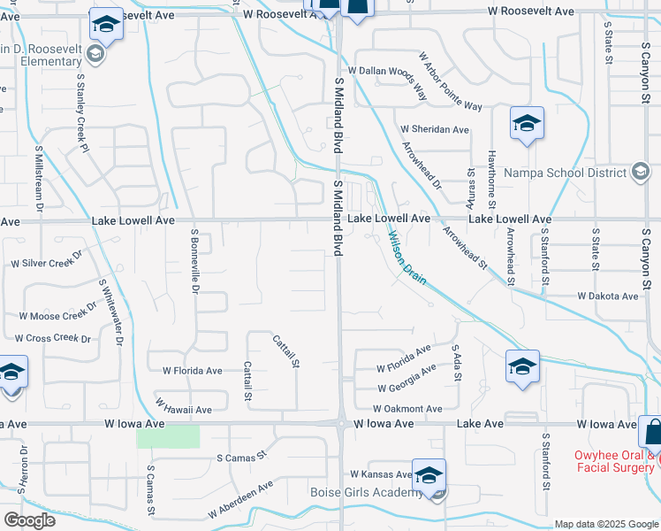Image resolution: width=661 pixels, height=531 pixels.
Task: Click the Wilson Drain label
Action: (x=407, y=258)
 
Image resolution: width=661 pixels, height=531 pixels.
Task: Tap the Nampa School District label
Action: (x=566, y=173)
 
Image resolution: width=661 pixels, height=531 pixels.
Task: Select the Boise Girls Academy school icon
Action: (x=429, y=475)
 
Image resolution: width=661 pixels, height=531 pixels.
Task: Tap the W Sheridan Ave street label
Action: (x=434, y=129)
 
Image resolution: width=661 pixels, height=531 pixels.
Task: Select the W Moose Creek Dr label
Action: (x=57, y=313)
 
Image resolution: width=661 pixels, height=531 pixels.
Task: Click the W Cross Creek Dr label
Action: (x=52, y=338)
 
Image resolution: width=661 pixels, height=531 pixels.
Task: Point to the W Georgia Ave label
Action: (x=406, y=379)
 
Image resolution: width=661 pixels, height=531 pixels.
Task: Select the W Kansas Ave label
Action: (x=381, y=475)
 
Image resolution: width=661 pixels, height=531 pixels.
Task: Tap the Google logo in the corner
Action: (x=29, y=520)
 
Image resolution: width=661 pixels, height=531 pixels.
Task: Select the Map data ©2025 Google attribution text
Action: (x=605, y=524)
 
